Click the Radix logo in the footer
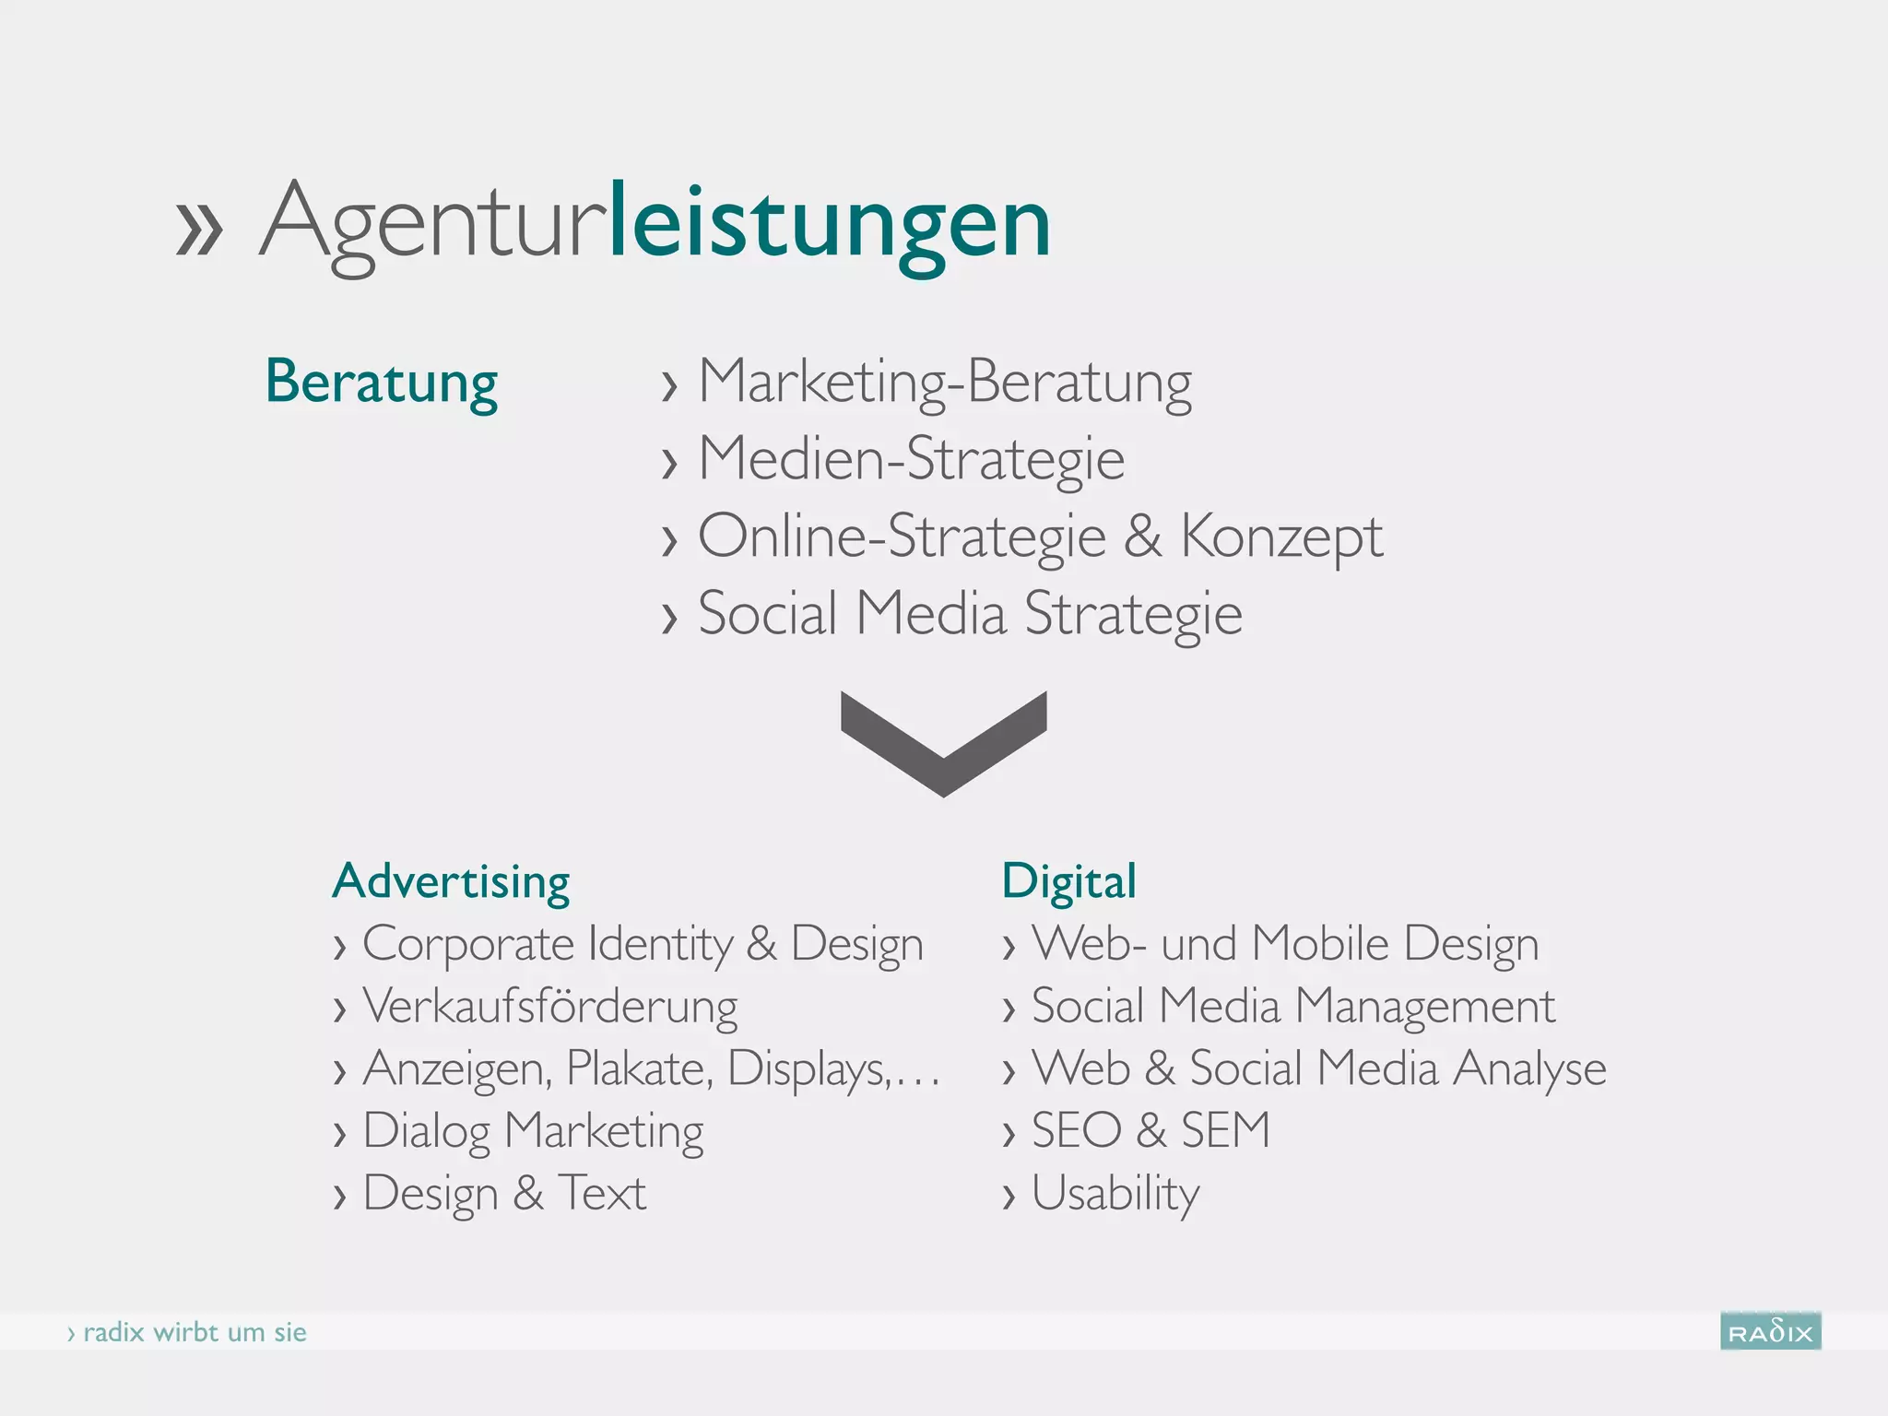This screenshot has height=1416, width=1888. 1770,1331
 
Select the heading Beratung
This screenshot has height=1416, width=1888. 381,382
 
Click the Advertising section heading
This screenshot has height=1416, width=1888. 451,881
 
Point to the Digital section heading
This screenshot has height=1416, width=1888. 1068,881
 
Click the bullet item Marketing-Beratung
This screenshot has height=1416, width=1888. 944,382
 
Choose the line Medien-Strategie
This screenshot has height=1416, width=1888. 911,458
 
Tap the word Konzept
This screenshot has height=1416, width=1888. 1281,537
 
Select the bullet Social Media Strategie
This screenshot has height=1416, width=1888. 970,613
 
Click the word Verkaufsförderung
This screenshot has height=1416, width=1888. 550,1006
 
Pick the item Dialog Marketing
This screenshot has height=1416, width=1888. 533,1131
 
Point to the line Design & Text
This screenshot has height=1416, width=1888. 504,1193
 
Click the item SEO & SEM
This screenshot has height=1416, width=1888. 1150,1130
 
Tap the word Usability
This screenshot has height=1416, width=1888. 1115,1193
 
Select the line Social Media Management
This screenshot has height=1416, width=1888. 1292,1006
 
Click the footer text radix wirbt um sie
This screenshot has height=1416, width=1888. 194,1332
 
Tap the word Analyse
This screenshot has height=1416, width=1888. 1529,1068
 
